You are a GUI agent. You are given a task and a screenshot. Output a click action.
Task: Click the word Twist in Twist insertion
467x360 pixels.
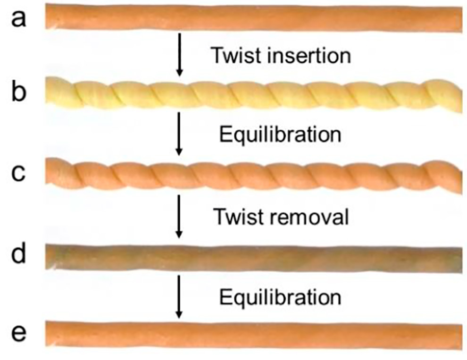(x=235, y=56)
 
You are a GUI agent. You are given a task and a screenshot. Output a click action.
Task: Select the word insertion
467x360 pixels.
(x=307, y=56)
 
